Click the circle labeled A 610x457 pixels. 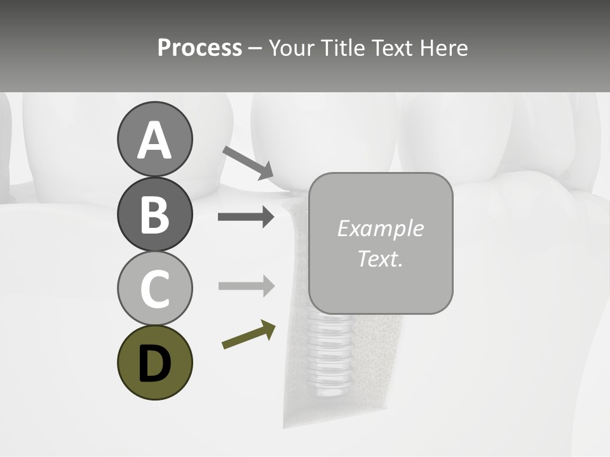point(154,140)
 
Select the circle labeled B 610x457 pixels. point(154,214)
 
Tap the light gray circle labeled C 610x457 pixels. point(154,288)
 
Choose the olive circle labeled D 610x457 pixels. point(154,362)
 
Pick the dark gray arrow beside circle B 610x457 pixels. point(246,217)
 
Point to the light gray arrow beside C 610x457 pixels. point(246,286)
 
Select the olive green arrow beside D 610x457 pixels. point(248,336)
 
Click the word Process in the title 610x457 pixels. point(200,48)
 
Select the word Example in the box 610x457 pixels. point(380,228)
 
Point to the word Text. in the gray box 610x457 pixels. point(380,258)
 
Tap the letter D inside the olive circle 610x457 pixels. point(154,363)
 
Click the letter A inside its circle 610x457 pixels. point(154,140)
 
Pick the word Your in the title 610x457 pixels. point(292,48)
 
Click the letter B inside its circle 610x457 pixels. point(154,215)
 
